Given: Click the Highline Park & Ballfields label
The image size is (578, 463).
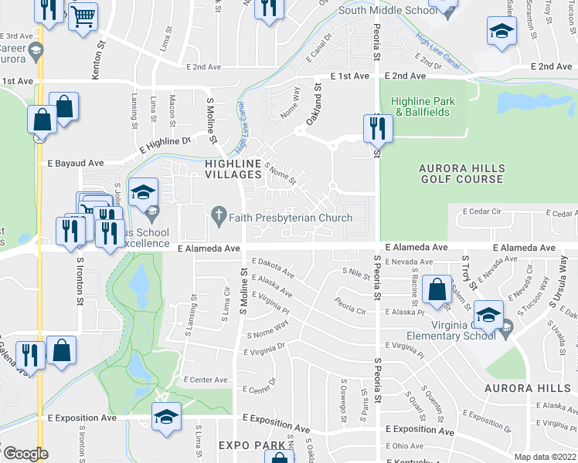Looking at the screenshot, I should click(x=423, y=106).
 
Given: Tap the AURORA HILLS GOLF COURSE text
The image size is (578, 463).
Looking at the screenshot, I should click(x=461, y=174).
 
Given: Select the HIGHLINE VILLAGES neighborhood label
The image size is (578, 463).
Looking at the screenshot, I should click(x=233, y=169).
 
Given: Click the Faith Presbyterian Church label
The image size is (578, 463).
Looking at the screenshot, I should click(x=284, y=218).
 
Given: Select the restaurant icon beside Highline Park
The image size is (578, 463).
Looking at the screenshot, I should click(x=378, y=127).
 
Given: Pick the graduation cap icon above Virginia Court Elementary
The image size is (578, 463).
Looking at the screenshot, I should click(x=488, y=313).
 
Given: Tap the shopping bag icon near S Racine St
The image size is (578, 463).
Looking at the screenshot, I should click(x=437, y=289).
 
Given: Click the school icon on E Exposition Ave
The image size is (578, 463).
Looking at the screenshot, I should click(x=166, y=415).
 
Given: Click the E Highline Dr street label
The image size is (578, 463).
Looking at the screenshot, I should click(x=165, y=142).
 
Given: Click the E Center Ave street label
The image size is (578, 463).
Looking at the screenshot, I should click(x=206, y=380).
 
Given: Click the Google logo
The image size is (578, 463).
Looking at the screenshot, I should click(x=25, y=454).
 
